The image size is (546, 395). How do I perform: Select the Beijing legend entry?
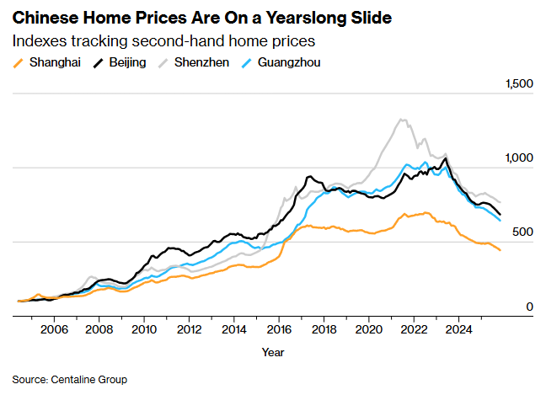[120, 62]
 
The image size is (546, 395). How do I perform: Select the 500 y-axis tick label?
[523, 232]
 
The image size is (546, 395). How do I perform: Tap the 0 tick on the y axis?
[530, 307]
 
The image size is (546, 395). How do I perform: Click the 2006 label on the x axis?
[54, 329]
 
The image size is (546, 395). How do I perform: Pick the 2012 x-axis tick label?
[189, 329]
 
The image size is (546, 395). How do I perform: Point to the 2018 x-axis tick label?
[324, 329]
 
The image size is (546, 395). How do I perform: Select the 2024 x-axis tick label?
[458, 329]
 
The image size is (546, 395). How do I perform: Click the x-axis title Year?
[273, 351]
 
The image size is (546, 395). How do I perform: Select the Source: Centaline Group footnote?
[69, 380]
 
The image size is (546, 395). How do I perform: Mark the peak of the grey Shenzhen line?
[402, 120]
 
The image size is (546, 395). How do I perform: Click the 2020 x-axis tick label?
[368, 329]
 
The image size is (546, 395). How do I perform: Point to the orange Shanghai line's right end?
[500, 250]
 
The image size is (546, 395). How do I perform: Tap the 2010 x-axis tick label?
[143, 329]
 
